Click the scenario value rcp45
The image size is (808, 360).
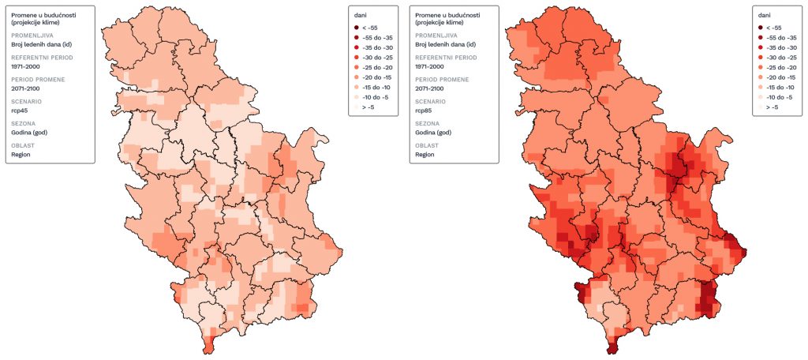20,111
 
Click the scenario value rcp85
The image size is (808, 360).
424,111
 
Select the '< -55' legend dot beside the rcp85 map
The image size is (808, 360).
760,27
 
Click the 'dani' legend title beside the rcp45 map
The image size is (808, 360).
360,14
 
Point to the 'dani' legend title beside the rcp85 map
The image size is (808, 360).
764,14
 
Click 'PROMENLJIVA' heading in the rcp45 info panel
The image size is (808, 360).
32,36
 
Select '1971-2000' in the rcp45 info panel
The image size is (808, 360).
25,66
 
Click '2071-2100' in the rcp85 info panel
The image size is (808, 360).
429,88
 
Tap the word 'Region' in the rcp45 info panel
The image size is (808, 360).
21,155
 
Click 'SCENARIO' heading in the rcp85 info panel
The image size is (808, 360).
430,102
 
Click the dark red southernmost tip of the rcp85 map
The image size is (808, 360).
612,347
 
